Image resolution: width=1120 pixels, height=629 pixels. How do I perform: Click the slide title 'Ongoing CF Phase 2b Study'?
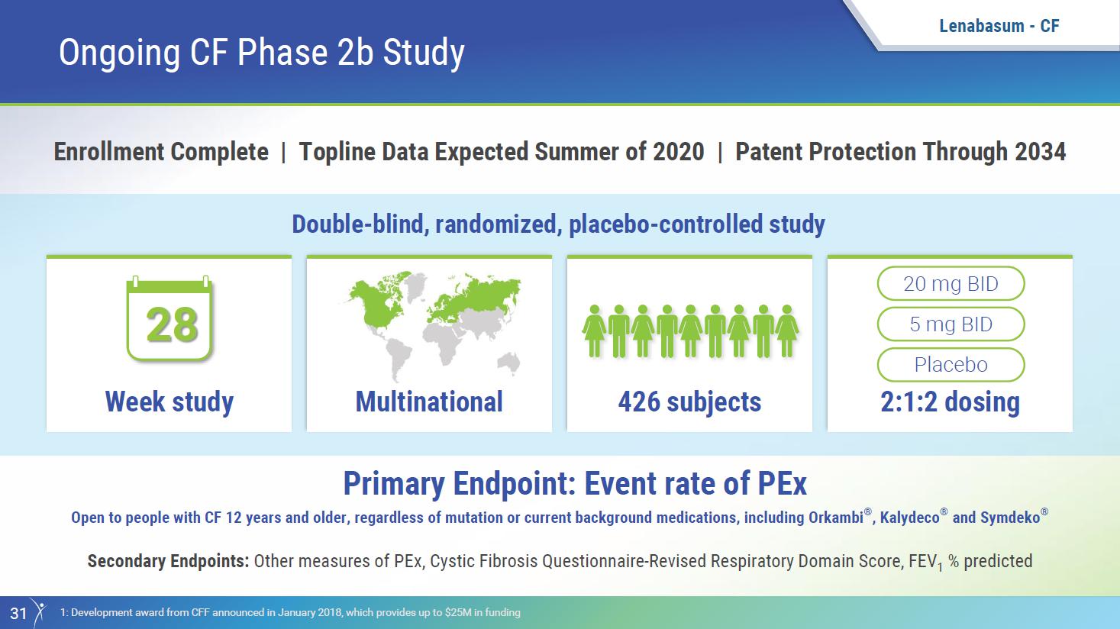coord(262,53)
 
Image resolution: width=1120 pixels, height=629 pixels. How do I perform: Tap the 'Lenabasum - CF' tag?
coord(999,26)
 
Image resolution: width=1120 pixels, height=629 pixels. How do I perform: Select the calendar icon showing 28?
coord(169,318)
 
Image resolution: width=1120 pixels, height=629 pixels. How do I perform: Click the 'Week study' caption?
coord(169,402)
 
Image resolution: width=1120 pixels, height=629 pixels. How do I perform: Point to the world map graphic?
coord(434,325)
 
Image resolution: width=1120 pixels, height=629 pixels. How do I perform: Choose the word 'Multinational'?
coord(429,402)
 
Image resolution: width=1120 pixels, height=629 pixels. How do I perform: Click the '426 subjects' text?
coord(689,402)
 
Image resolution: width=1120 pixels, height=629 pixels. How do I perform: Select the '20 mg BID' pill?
coord(951,283)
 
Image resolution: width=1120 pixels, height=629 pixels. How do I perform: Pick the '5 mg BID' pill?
coord(951,324)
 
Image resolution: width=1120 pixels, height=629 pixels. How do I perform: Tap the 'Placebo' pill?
coord(951,365)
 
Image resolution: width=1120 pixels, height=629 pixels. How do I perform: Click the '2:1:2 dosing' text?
coord(950,402)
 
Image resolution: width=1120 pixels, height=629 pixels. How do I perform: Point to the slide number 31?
coord(18,613)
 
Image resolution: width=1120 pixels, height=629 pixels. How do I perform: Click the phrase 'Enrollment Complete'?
coord(161,151)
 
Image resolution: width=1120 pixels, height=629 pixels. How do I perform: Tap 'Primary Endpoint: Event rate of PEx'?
coord(575,483)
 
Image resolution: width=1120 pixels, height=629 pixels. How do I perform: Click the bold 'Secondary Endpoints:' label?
coord(168,561)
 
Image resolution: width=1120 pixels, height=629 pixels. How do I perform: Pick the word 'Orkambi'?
coord(836,517)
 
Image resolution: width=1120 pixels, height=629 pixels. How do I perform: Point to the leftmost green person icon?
coord(594,331)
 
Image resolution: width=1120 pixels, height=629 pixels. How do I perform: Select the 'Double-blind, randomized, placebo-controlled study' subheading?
coord(559,224)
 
